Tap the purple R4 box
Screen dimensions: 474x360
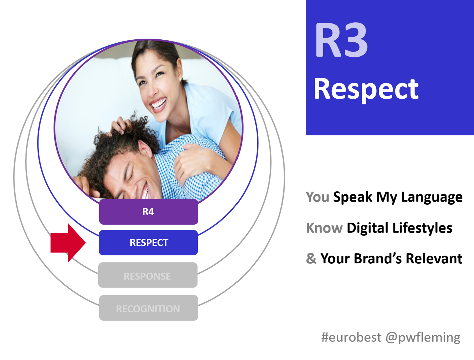(148, 212)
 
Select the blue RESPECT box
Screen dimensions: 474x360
(148, 243)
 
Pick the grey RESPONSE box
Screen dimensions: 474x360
(148, 275)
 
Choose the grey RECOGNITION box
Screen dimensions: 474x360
(148, 308)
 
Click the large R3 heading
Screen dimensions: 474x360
(341, 40)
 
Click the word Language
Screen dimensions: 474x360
(432, 197)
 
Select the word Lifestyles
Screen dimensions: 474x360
(422, 228)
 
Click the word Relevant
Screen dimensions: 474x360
(434, 258)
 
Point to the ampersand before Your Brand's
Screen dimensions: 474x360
(311, 258)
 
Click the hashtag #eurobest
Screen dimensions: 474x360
(351, 337)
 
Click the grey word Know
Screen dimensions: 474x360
(324, 228)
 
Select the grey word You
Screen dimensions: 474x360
(318, 197)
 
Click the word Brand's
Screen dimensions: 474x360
(378, 258)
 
